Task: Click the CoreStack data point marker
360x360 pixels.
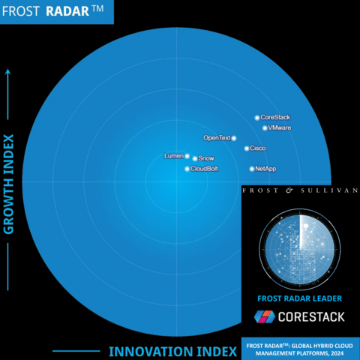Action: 256,118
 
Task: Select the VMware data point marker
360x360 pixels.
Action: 264,128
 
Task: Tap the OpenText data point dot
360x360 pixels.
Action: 234,138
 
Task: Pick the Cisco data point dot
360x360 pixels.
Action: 247,148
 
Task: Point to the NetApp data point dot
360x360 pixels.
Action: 252,169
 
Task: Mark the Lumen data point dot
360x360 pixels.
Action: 187,156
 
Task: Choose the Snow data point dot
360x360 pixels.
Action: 195,158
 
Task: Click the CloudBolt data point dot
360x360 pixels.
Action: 187,169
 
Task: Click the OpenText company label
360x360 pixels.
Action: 217,138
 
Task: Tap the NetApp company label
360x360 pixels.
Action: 265,169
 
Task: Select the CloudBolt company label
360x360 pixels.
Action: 204,169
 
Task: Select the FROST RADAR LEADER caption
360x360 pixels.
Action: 299,298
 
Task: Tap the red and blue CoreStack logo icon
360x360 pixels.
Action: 265,317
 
